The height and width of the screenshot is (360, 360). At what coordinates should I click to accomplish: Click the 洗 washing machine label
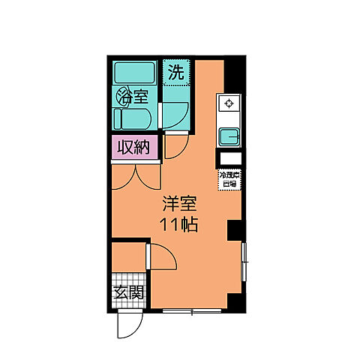coord(175,73)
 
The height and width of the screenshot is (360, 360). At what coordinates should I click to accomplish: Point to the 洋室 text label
coord(180,202)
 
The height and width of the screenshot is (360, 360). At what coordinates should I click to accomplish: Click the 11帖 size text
coord(180,224)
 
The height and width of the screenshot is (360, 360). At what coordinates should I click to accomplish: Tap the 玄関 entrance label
coord(128,293)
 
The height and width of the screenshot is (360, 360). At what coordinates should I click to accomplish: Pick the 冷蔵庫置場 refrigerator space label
coord(228,178)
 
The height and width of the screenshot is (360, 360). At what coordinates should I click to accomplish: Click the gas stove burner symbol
coord(228,103)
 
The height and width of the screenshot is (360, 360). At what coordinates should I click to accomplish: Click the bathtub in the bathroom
coord(134,73)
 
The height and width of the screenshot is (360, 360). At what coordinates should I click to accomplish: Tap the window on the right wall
coord(244,262)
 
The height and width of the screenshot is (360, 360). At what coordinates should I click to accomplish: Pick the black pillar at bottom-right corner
coord(236,301)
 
